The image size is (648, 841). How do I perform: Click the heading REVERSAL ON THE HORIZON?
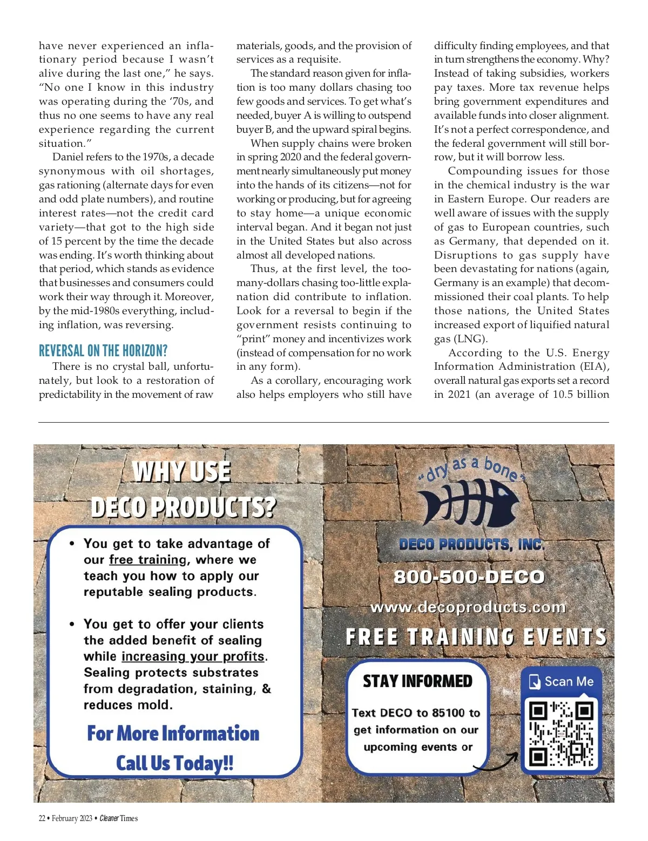click(x=103, y=351)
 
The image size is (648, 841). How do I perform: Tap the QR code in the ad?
click(x=561, y=734)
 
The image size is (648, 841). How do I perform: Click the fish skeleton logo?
click(x=468, y=504)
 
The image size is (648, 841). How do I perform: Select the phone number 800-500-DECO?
click(x=469, y=577)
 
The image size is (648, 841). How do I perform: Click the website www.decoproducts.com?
click(x=468, y=607)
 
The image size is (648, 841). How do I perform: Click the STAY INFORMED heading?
click(x=417, y=681)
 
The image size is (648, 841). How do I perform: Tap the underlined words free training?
click(x=148, y=560)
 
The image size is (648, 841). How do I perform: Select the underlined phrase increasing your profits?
click(x=193, y=656)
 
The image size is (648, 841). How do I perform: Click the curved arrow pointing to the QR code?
click(x=497, y=762)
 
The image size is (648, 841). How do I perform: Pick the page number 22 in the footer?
click(x=42, y=818)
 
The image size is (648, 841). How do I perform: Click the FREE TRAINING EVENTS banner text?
click(x=476, y=637)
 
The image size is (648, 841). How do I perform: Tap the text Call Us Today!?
click(x=174, y=763)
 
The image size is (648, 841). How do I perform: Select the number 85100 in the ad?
click(x=448, y=713)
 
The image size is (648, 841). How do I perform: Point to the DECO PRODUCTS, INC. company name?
click(x=471, y=545)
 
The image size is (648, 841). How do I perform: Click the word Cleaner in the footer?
click(x=109, y=818)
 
